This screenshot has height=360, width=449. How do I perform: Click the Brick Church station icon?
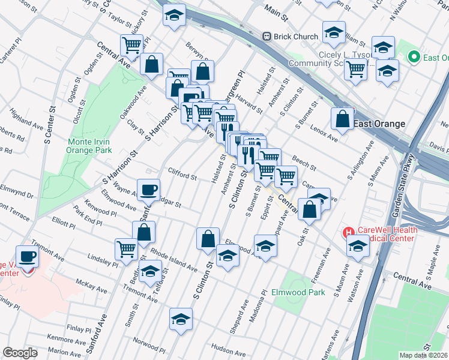coord(267,37)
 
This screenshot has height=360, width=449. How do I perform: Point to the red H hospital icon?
coord(348,232)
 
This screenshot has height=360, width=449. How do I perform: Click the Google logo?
coord(20,353)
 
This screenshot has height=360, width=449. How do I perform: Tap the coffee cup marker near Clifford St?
coord(149,190)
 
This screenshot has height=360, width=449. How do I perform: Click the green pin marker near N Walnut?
coord(413,57)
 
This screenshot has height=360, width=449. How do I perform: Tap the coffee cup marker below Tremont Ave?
coord(27,257)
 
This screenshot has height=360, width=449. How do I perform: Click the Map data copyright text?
coord(424,355)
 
